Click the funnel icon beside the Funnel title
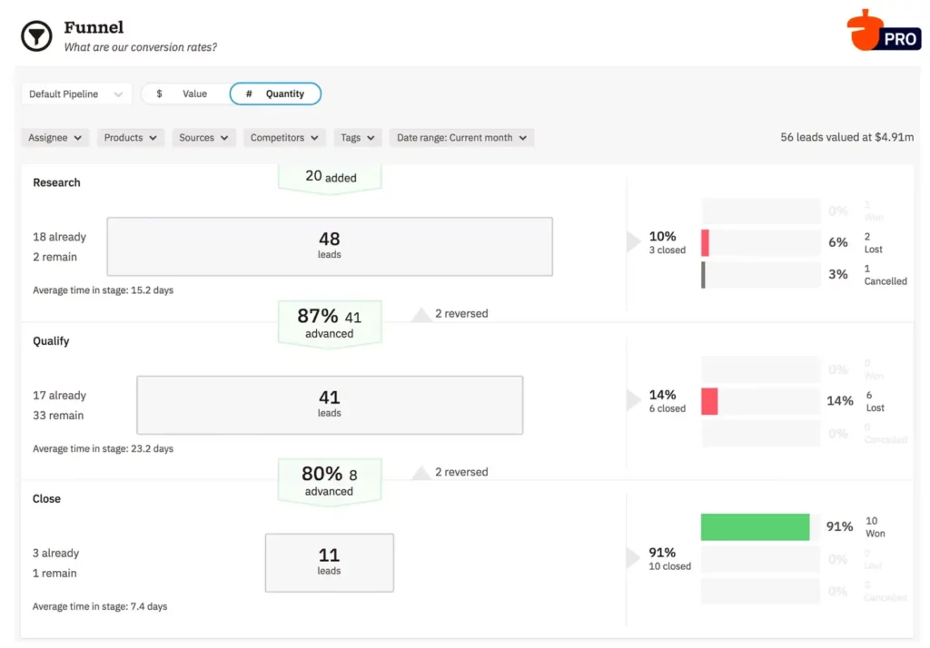coord(36,36)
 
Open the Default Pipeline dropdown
coord(76,94)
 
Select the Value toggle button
coord(185,94)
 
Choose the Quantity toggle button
coord(275,94)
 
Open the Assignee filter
coord(55,138)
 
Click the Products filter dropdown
coord(131,138)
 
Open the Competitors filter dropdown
coord(284,138)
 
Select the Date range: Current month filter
coord(461,138)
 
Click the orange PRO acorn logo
coord(882,31)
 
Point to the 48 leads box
coord(329,246)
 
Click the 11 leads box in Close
coord(329,562)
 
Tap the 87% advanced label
coord(329,323)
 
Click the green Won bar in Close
coord(755,527)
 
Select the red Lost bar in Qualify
coord(709,401)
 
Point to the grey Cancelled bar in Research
coord(703,275)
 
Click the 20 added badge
coord(329,177)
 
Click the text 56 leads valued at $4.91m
coord(846,138)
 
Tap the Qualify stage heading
coord(51,341)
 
